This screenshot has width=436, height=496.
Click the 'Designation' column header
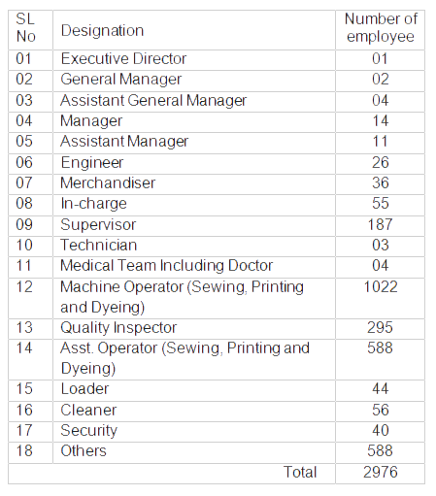[102, 30]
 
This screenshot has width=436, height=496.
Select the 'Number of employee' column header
[381, 28]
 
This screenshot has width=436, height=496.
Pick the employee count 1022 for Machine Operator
[381, 286]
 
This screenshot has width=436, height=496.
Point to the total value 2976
[381, 472]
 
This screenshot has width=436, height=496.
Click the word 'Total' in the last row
[299, 472]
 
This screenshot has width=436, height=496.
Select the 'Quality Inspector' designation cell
[118, 327]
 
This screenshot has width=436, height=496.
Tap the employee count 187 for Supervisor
[381, 224]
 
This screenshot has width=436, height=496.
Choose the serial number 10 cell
[25, 245]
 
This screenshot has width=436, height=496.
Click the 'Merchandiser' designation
[108, 182]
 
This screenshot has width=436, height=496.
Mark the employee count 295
[381, 327]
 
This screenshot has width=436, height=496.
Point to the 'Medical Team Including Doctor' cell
[166, 265]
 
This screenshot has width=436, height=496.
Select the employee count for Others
[381, 450]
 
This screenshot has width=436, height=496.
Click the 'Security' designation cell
[88, 430]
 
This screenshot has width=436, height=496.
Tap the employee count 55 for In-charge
[381, 203]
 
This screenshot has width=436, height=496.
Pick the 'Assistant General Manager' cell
[153, 100]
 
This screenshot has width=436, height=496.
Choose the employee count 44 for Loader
[381, 389]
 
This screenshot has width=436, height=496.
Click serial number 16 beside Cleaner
[25, 410]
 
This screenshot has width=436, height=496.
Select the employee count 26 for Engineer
[381, 162]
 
